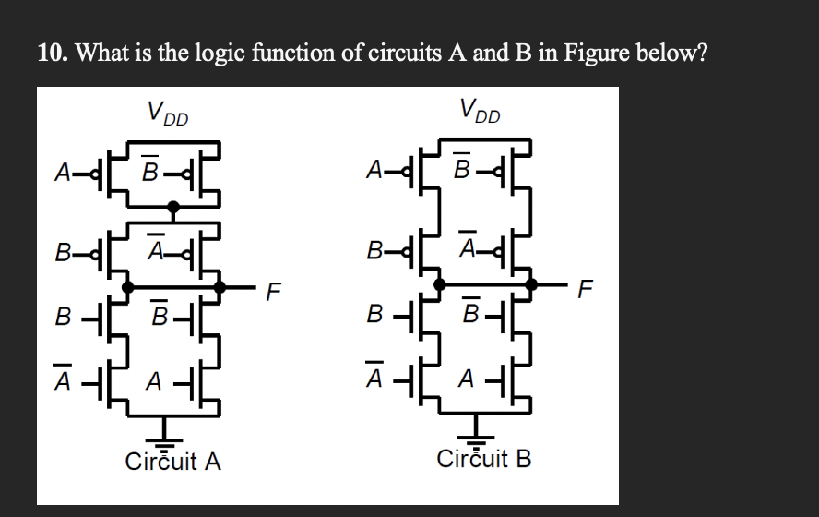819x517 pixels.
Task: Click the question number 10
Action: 52,53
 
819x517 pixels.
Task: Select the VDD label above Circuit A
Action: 166,114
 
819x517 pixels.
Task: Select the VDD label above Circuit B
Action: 480,114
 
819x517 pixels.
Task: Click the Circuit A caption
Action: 173,461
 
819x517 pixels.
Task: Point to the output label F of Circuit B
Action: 582,295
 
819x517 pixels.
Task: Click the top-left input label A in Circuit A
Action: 63,172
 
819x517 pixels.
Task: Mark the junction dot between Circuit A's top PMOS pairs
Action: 172,207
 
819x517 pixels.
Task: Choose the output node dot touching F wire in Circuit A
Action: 220,287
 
